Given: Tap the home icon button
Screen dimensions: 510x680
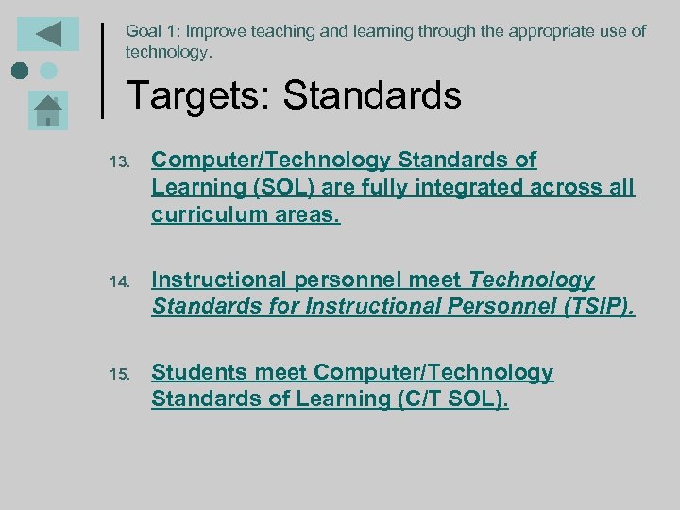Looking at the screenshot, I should (48, 111).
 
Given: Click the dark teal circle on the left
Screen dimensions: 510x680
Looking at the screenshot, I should (20, 71).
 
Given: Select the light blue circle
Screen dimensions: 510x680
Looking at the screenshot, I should (49, 71).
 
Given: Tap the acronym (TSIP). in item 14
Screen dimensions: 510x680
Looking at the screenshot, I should (599, 307).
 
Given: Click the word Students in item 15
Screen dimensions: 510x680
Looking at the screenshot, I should (195, 372).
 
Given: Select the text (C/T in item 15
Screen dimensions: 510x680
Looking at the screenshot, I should (419, 399).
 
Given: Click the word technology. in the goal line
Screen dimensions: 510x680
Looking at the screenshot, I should (169, 52).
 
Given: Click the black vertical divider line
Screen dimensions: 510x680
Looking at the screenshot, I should (102, 69).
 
